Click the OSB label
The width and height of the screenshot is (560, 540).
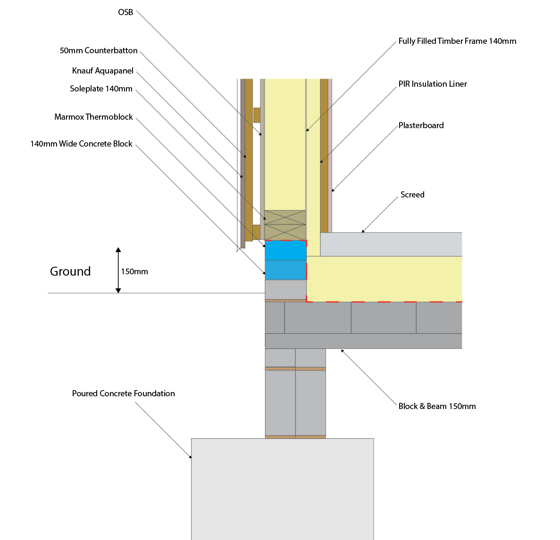pyautogui.click(x=125, y=12)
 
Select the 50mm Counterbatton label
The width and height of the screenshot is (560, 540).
pyautogui.click(x=99, y=50)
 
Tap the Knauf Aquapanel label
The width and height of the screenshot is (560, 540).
pyautogui.click(x=103, y=71)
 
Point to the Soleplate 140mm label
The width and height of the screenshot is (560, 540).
pyautogui.click(x=101, y=89)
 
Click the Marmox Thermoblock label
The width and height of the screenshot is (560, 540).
pyautogui.click(x=93, y=117)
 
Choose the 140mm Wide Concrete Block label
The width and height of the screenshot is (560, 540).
pyautogui.click(x=82, y=144)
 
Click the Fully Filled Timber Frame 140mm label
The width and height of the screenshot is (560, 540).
pyautogui.click(x=458, y=41)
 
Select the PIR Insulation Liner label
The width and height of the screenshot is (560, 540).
pyautogui.click(x=433, y=84)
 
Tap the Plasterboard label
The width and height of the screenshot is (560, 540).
pyautogui.click(x=421, y=125)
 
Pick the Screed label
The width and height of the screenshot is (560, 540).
pyautogui.click(x=412, y=195)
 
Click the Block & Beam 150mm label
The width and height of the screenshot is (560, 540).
pyautogui.click(x=437, y=406)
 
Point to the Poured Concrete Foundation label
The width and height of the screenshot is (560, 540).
pyautogui.click(x=124, y=393)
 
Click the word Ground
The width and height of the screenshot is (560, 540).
pyautogui.click(x=70, y=271)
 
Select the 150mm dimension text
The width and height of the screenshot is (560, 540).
pyautogui.click(x=134, y=272)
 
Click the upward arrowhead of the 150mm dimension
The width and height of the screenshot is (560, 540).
pyautogui.click(x=118, y=250)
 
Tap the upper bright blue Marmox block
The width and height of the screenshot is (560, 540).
pyautogui.click(x=286, y=250)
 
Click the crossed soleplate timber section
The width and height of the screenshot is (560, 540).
pyautogui.click(x=285, y=225)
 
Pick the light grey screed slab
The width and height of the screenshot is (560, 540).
pyautogui.click(x=391, y=245)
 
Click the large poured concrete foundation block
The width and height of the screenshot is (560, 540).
pyautogui.click(x=283, y=489)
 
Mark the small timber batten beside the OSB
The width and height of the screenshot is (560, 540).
pyautogui.click(x=257, y=115)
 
